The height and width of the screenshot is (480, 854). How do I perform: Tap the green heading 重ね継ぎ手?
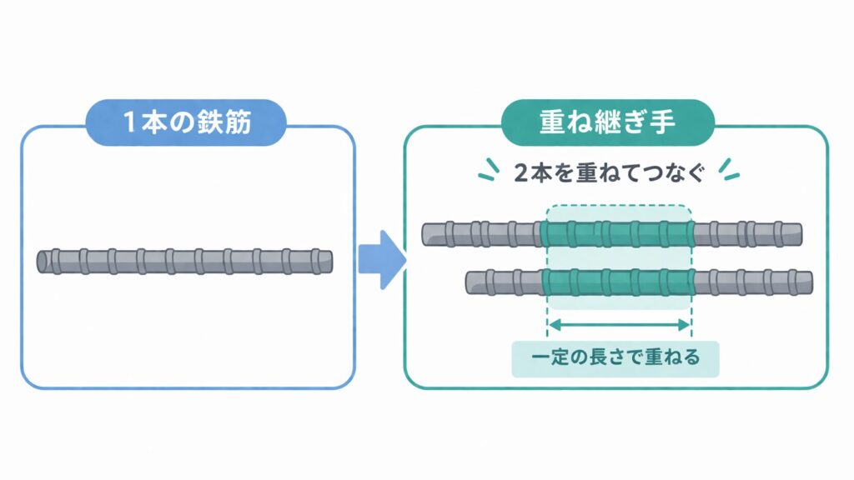pos(608,124)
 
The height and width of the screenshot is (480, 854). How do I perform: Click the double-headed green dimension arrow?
pos(619,324)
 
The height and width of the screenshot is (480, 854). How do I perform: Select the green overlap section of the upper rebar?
pos(618,234)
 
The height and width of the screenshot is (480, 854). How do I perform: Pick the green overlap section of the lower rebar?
pos(618,282)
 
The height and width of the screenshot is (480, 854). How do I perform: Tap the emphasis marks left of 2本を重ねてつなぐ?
pos(487,168)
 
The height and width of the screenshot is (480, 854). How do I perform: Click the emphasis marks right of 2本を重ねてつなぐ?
pos(728,168)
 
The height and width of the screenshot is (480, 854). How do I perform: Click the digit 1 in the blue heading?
pos(130,124)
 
